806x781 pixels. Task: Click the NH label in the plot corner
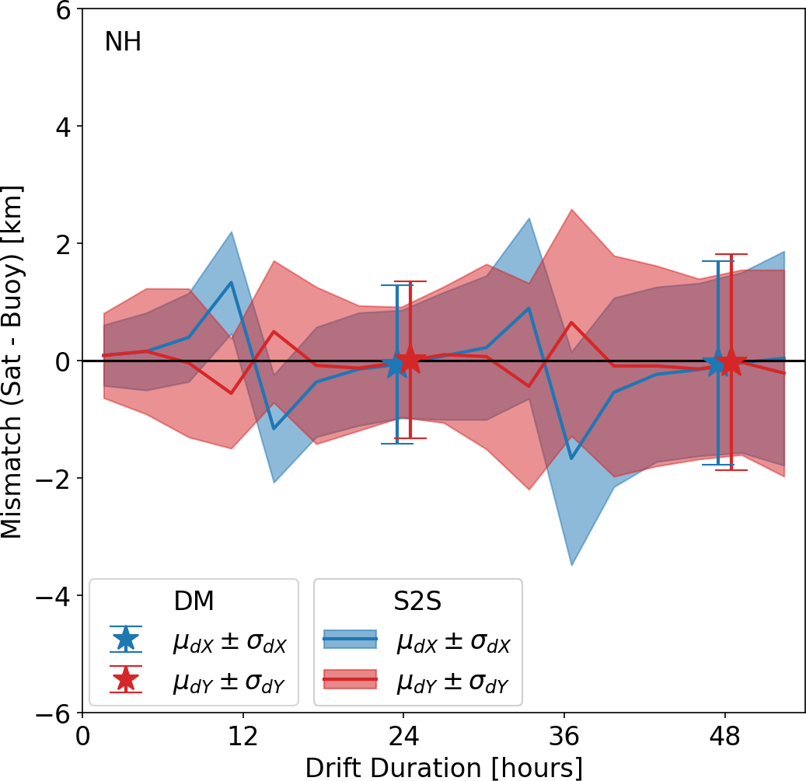tap(123, 42)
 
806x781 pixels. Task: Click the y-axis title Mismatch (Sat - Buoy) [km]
tap(12, 361)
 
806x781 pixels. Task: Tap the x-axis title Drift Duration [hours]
tap(444, 767)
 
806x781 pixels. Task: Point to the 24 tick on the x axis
tap(404, 735)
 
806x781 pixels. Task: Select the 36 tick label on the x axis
tap(565, 735)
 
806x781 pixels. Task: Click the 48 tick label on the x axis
tap(725, 735)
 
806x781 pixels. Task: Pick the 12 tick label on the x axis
tap(243, 735)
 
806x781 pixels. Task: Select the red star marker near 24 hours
tap(410, 360)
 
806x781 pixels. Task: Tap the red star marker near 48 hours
tap(731, 361)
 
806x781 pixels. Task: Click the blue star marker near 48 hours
tap(717, 363)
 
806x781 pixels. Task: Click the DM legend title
tap(194, 601)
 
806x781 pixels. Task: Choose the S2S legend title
tap(417, 601)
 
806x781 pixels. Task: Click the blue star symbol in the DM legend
tap(126, 639)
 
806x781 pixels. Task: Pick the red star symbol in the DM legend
tap(126, 679)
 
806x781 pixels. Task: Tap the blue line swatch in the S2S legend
tap(350, 639)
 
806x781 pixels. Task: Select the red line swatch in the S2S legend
tap(350, 679)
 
